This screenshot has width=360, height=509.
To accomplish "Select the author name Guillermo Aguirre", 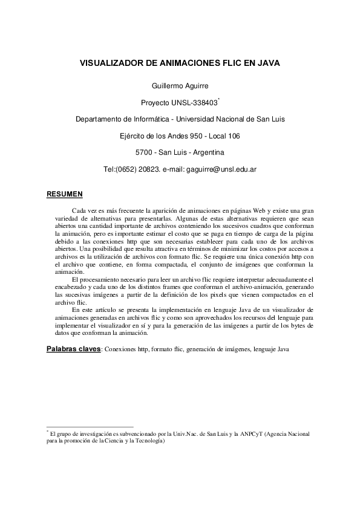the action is click(180, 86).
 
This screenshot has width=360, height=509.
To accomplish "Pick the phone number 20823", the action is click(150, 169).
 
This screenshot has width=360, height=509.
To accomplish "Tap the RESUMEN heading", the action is click(64, 194).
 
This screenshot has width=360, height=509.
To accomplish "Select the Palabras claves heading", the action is click(74, 349).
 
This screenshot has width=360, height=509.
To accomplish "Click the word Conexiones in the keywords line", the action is click(120, 349).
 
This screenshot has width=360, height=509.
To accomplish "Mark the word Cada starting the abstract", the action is click(79, 210).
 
